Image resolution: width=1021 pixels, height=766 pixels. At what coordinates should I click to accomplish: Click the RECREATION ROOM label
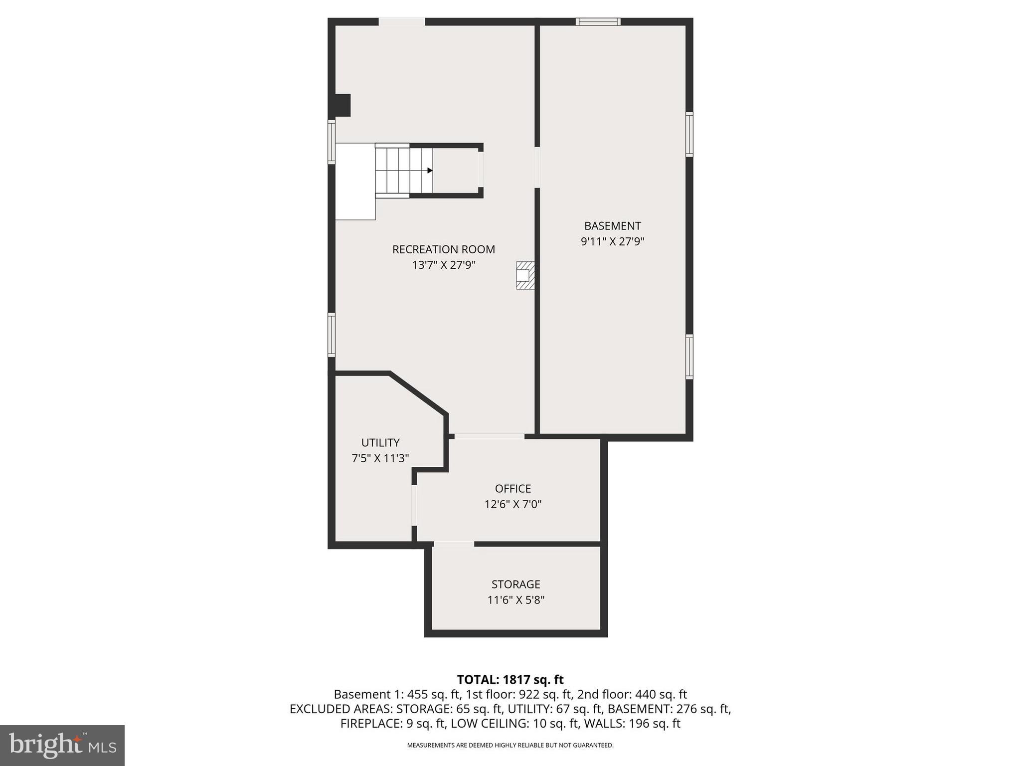443,249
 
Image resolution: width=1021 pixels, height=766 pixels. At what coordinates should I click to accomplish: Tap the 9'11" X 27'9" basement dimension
612,242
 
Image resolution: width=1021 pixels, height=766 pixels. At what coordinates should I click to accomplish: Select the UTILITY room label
380,443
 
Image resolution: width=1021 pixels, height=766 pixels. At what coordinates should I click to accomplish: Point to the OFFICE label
512,489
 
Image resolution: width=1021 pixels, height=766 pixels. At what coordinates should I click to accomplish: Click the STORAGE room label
515,584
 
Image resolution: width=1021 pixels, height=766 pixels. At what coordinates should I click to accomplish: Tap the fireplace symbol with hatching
525,275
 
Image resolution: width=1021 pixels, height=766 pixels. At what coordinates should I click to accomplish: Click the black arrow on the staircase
430,171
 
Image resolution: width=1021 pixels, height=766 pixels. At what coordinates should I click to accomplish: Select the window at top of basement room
598,21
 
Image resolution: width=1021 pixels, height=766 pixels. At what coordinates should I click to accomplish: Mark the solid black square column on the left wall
342,105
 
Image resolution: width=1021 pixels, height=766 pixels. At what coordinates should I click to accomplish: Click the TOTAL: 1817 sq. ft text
510,680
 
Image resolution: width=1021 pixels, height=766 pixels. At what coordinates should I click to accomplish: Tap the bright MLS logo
62,745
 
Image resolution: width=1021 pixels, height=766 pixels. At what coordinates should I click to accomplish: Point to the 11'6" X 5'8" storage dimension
515,600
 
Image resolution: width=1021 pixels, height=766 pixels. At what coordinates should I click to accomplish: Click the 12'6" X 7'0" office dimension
512,504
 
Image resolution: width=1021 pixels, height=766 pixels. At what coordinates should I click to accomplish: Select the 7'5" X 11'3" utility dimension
380,458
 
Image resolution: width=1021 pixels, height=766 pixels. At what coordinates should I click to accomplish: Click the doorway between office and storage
453,544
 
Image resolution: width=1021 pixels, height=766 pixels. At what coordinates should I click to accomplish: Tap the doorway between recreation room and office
489,436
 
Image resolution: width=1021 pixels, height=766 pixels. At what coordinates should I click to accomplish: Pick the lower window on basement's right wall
689,357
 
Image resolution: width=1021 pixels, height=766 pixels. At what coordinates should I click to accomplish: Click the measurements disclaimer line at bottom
510,746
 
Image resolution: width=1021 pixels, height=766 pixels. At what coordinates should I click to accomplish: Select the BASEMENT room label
612,226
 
